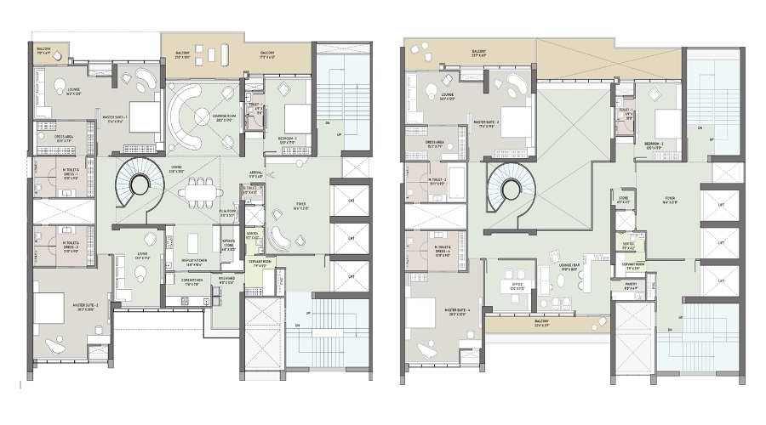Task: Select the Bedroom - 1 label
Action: [291, 140]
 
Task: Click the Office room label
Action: [517, 286]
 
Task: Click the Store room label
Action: [624, 201]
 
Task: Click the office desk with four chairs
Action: [520, 303]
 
